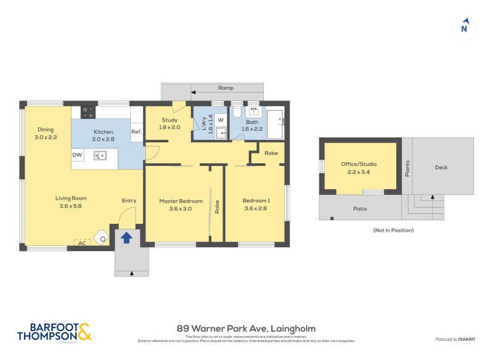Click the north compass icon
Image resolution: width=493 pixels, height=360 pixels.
464,28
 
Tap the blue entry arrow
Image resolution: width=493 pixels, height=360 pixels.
126,237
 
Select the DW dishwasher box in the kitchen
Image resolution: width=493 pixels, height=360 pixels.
78,155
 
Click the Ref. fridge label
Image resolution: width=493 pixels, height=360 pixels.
136,132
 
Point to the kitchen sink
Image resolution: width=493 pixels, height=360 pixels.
100,155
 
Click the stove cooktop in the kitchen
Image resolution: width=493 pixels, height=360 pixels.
88,112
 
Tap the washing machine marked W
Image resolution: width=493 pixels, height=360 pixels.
221,120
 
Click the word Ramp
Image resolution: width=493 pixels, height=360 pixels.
226,88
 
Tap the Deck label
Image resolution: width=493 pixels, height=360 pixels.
441,167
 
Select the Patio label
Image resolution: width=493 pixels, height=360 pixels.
360,209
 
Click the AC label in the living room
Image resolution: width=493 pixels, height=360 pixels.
82,243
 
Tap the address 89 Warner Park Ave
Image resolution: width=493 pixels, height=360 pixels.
246,329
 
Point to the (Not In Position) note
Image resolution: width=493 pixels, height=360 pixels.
393,230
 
